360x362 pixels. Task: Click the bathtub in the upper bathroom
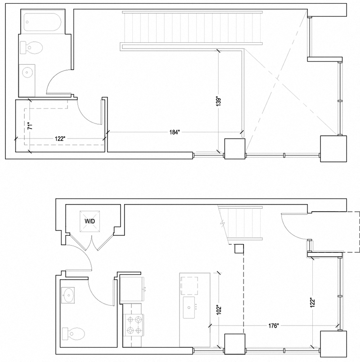click(42, 22)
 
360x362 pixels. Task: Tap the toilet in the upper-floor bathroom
click(31, 48)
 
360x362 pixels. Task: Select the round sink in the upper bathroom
click(27, 72)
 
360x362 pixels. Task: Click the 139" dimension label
click(219, 101)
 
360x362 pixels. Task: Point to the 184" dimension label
click(174, 132)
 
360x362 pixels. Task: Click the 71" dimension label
click(30, 126)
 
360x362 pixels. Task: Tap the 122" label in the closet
click(60, 139)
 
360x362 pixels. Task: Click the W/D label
click(90, 221)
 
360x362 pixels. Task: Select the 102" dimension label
click(219, 310)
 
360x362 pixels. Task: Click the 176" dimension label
click(274, 326)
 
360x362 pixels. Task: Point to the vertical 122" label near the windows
click(312, 302)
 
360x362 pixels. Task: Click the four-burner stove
click(133, 326)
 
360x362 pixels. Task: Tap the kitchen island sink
click(189, 307)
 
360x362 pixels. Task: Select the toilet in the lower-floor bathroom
click(73, 333)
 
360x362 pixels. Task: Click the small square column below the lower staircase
click(239, 249)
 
